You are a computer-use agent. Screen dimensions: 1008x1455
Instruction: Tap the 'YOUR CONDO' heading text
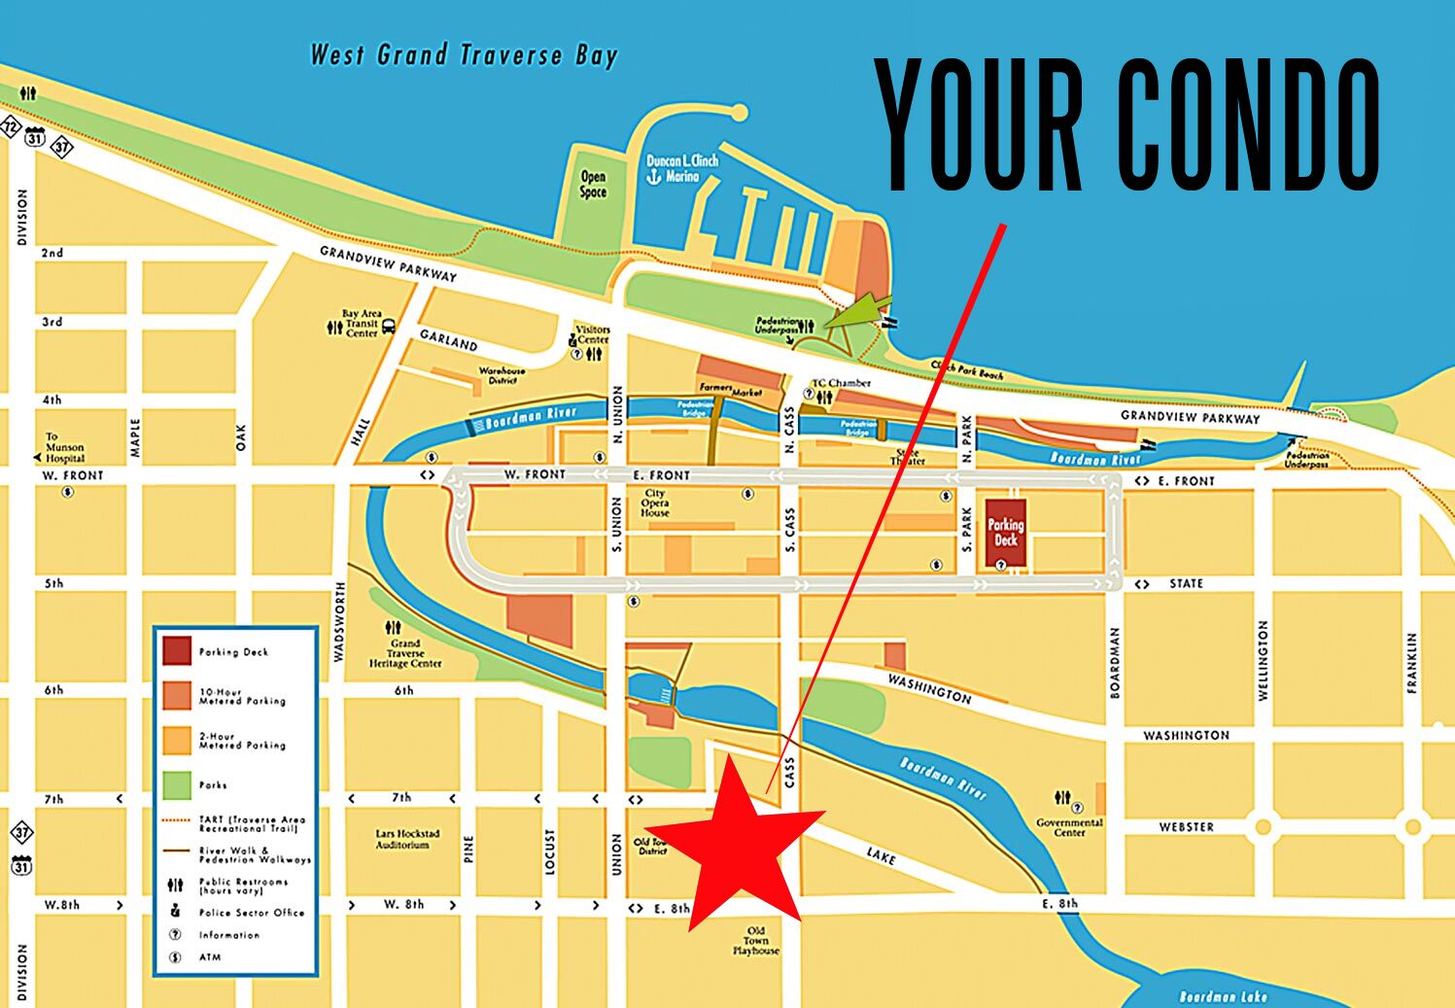pyautogui.click(x=1126, y=123)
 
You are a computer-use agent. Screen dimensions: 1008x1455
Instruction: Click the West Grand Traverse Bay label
pyautogui.click(x=464, y=55)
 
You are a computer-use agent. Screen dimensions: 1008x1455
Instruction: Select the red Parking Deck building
pyautogui.click(x=1006, y=533)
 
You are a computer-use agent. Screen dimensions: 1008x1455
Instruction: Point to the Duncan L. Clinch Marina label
pyautogui.click(x=681, y=168)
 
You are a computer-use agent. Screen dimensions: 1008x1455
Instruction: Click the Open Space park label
pyautogui.click(x=593, y=184)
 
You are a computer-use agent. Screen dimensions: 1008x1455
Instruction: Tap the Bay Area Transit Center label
pyautogui.click(x=361, y=324)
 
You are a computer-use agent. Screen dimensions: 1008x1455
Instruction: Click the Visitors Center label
pyautogui.click(x=592, y=335)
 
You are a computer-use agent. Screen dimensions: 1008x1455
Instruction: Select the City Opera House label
pyautogui.click(x=655, y=503)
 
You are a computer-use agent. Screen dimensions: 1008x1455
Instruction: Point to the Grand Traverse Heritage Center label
pyautogui.click(x=405, y=653)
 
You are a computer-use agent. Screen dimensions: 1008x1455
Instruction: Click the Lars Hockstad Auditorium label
pyautogui.click(x=407, y=840)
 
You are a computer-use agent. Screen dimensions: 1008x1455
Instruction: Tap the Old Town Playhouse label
pyautogui.click(x=756, y=941)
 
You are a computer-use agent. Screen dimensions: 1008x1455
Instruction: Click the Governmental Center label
pyautogui.click(x=1069, y=827)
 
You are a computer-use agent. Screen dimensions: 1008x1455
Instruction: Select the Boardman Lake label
pyautogui.click(x=1223, y=996)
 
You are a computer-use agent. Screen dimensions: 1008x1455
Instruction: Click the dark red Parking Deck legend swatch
pyautogui.click(x=177, y=651)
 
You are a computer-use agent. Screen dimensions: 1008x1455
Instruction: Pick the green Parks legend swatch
pyautogui.click(x=177, y=784)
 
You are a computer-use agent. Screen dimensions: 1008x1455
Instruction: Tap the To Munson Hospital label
pyautogui.click(x=64, y=448)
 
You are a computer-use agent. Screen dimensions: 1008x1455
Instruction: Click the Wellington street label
pyautogui.click(x=1263, y=660)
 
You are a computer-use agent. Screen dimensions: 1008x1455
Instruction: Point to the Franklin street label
pyautogui.click(x=1412, y=662)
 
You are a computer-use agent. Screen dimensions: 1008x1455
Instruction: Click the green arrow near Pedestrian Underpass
pyautogui.click(x=859, y=311)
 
